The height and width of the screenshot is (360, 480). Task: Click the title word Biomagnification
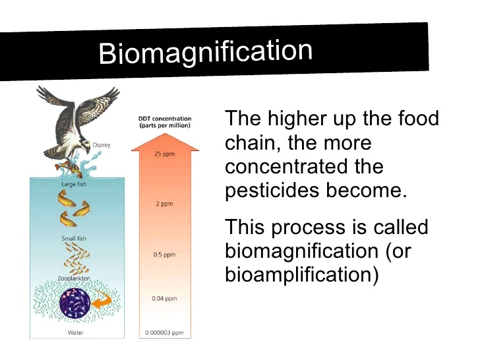[x=206, y=52]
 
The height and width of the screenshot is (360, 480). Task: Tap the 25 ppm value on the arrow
[x=164, y=154]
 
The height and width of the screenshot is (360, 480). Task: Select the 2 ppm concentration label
[x=164, y=204]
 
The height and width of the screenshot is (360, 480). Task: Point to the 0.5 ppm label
[x=164, y=255]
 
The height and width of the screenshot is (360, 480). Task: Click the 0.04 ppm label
[x=164, y=298]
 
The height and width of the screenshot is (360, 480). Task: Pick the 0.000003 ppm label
[x=164, y=332]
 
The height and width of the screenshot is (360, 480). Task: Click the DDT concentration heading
[x=165, y=122]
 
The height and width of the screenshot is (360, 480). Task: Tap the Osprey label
[x=102, y=145]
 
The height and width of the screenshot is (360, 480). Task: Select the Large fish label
[x=74, y=184]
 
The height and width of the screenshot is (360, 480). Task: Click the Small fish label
[x=74, y=238]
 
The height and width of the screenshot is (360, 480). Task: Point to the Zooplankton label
[x=74, y=278]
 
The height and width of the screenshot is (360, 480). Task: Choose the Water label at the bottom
[x=75, y=332]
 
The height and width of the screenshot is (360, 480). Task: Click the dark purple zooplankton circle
[x=75, y=303]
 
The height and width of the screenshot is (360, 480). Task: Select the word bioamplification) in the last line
[x=302, y=274]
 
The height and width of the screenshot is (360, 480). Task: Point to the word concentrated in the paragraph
[x=286, y=166]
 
